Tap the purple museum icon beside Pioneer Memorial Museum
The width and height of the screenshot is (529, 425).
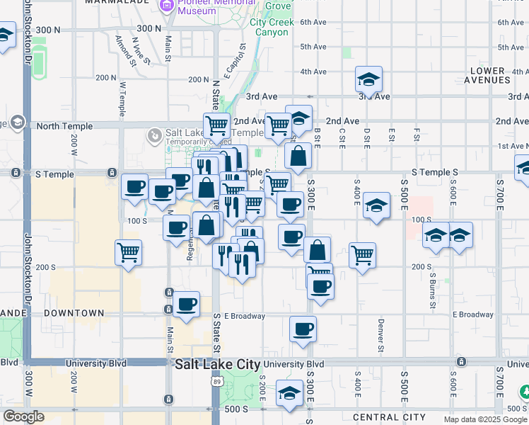(168, 6)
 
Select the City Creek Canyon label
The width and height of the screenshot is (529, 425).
(269, 28)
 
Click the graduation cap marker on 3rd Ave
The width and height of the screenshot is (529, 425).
(368, 79)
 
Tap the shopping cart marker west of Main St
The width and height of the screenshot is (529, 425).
(129, 251)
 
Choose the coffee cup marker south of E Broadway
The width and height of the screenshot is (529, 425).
(303, 329)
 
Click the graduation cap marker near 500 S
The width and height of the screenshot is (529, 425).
(289, 393)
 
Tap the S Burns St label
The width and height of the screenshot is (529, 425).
(431, 290)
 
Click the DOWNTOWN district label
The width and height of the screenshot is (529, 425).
(74, 312)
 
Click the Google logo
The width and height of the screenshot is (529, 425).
(23, 416)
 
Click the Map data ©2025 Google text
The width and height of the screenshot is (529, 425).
(485, 419)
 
